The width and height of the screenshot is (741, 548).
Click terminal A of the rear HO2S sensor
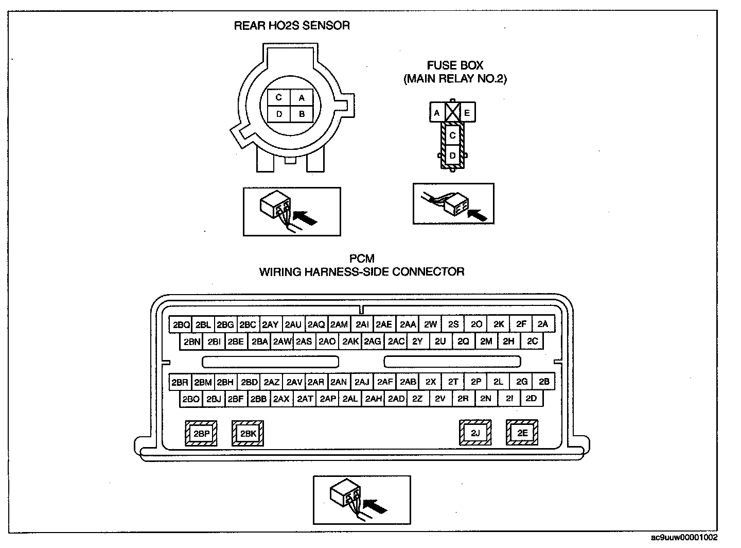(302, 97)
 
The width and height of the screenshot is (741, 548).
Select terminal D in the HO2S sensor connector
(279, 114)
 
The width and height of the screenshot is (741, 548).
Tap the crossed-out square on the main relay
(452, 112)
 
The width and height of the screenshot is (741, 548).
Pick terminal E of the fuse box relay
(467, 112)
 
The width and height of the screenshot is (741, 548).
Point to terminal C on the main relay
(452, 135)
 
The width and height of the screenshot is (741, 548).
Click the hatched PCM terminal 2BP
(201, 434)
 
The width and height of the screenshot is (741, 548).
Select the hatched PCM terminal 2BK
(248, 434)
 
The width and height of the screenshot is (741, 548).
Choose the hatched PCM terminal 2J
(475, 433)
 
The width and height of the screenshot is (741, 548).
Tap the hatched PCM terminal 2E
(522, 433)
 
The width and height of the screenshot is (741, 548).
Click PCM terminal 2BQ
(181, 324)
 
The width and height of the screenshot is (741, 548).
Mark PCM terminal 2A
(543, 324)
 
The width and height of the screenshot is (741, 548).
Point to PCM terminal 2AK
(350, 341)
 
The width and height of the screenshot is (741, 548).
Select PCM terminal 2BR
(180, 382)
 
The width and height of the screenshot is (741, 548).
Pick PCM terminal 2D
(532, 399)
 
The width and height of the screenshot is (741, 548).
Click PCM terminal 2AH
(373, 399)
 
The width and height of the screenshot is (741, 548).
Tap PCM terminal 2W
(430, 324)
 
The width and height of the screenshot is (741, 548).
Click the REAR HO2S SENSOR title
(292, 26)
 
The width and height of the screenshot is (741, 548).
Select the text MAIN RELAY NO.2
(455, 79)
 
